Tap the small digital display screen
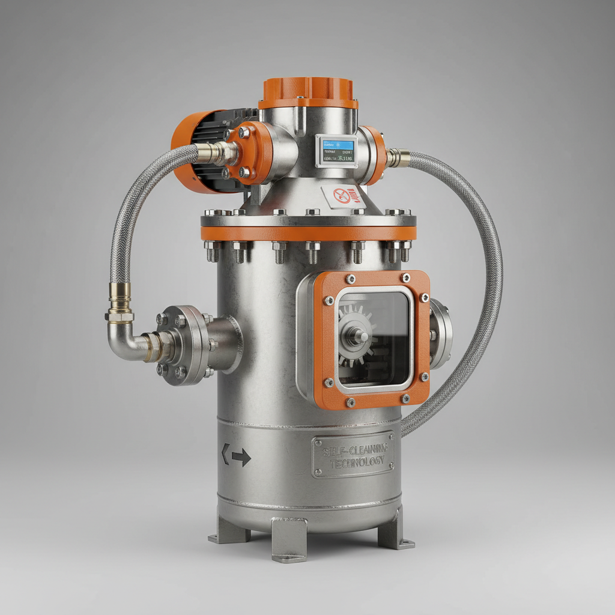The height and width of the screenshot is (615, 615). point(336,150)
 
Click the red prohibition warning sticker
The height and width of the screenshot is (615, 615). point(343,195)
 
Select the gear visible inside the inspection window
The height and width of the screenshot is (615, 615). point(354,337)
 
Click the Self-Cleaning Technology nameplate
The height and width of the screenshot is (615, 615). point(353,455)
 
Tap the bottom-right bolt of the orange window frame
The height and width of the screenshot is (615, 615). point(424,377)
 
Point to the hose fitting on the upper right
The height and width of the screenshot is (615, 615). point(398,158)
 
